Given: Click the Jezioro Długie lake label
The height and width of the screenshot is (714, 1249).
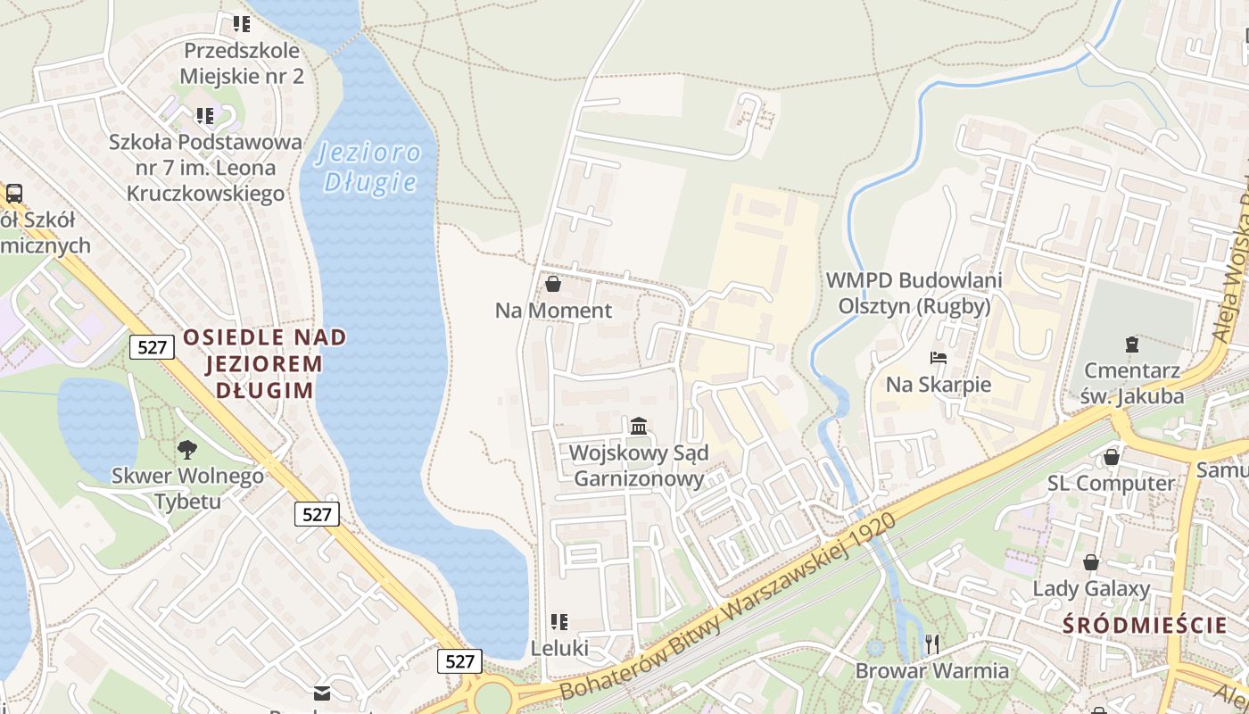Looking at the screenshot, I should (x=369, y=167).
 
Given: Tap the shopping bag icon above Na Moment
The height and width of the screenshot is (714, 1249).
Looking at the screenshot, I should (x=552, y=285).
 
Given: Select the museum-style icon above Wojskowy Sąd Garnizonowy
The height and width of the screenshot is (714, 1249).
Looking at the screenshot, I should (x=638, y=426).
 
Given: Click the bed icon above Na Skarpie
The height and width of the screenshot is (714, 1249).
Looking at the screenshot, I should (x=938, y=359).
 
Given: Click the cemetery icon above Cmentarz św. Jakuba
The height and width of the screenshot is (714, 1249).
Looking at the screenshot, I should (x=1131, y=344).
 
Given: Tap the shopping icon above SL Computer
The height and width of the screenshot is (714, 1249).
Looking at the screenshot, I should (x=1111, y=457).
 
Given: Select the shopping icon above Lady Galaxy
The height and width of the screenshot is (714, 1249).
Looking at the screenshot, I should (x=1090, y=562).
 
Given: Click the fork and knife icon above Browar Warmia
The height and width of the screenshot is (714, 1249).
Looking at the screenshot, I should (x=932, y=643).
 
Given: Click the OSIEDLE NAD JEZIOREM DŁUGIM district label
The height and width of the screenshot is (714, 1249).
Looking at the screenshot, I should (x=264, y=363).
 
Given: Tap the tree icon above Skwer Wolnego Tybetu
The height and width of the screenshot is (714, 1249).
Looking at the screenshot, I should (x=187, y=449).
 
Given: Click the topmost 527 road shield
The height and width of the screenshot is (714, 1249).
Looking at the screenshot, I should (x=152, y=347).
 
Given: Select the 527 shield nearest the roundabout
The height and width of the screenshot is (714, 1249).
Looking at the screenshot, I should (x=459, y=660).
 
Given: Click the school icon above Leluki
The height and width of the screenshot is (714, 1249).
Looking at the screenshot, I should (x=559, y=621).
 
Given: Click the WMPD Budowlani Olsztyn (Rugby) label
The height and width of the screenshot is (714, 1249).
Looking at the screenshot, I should (x=914, y=293).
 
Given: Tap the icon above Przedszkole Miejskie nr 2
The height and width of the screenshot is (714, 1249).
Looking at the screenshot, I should (x=242, y=23).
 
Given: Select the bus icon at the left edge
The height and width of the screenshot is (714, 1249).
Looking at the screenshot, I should (x=13, y=193).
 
